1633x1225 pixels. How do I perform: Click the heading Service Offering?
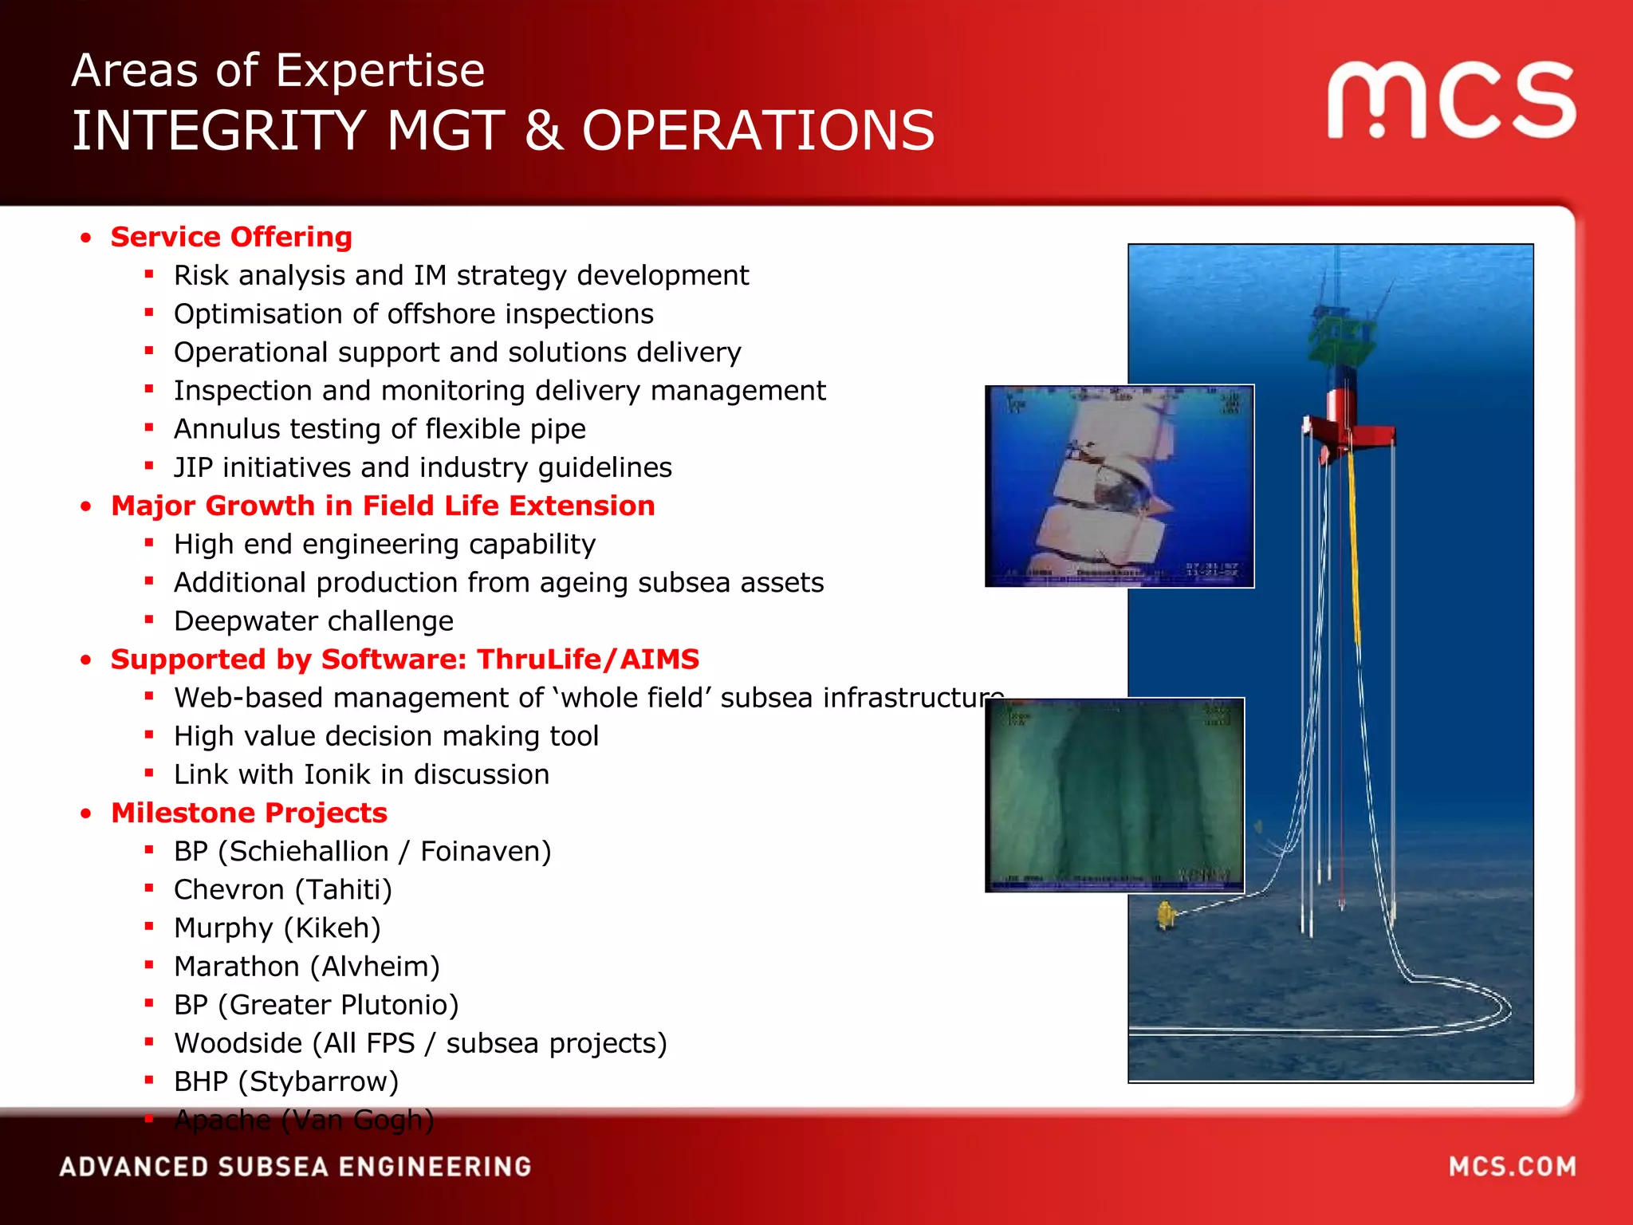[231, 237]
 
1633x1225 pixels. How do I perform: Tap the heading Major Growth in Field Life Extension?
[383, 506]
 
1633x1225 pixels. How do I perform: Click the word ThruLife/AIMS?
[588, 660]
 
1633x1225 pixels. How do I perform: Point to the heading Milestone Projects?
[249, 813]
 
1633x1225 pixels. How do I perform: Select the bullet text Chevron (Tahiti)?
[283, 889]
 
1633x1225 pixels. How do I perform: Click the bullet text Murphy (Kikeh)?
[277, 928]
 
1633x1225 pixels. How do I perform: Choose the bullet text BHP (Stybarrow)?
[286, 1081]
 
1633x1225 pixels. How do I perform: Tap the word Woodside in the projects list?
[238, 1043]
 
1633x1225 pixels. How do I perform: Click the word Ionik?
[349, 774]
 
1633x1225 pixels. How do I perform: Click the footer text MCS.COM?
[1512, 1167]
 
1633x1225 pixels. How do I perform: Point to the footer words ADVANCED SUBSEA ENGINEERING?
[295, 1167]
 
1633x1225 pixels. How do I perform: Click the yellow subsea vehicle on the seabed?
[1167, 915]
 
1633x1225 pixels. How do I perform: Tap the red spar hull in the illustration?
[1348, 431]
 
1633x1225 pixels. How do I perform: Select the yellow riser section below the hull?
[1354, 550]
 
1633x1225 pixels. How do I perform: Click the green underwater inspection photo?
[1115, 794]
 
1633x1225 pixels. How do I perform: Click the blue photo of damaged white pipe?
[1119, 486]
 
